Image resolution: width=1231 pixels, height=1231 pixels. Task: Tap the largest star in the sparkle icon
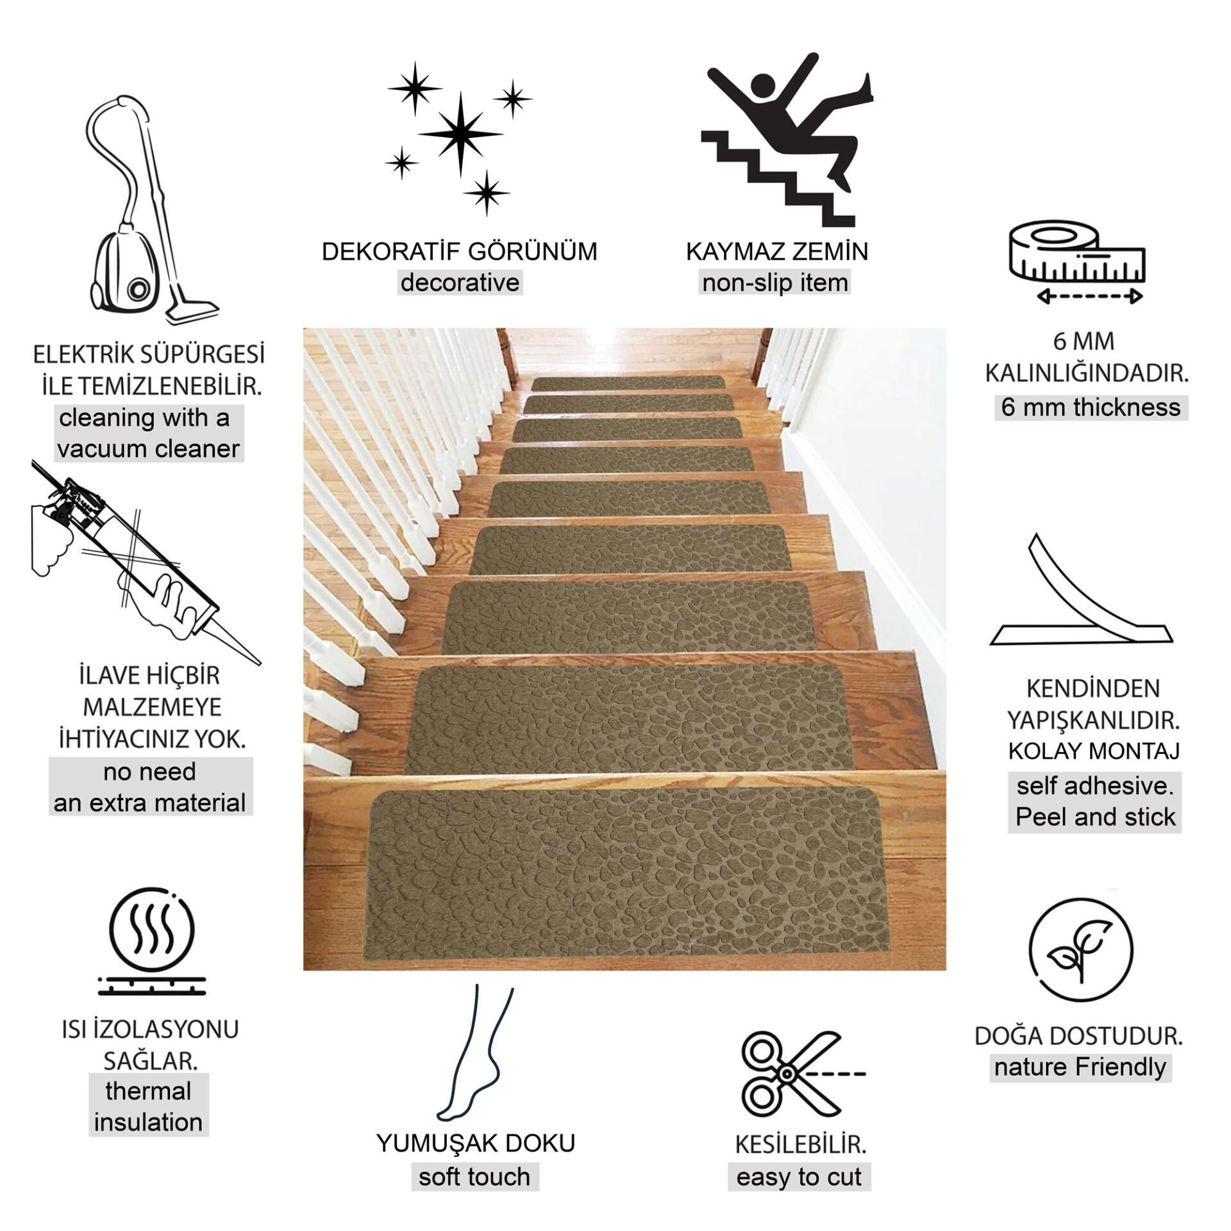(460, 134)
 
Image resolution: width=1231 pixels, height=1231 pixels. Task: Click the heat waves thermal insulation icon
(152, 946)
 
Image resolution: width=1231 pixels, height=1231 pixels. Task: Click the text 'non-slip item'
(775, 283)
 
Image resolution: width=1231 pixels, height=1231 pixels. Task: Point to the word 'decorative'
(460, 283)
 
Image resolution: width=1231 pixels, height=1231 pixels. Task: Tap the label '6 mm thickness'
(1091, 407)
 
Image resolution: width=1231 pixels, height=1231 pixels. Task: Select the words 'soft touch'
(474, 1177)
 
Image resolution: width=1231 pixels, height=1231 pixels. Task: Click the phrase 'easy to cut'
(799, 1177)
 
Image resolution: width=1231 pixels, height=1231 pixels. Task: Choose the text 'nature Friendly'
(1080, 1068)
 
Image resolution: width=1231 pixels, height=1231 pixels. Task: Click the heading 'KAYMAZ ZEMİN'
(777, 251)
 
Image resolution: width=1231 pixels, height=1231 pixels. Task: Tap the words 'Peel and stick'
(1096, 817)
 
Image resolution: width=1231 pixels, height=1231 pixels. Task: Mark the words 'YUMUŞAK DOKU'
(476, 1144)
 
